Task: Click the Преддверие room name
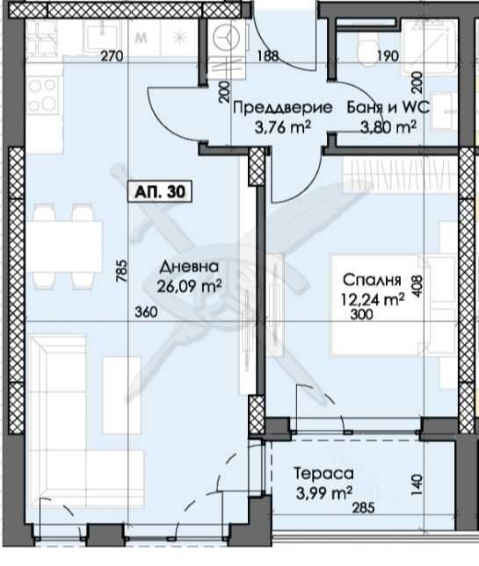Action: pyautogui.click(x=282, y=109)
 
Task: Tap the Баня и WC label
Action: pyautogui.click(x=386, y=109)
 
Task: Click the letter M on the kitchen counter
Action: pyautogui.click(x=141, y=38)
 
